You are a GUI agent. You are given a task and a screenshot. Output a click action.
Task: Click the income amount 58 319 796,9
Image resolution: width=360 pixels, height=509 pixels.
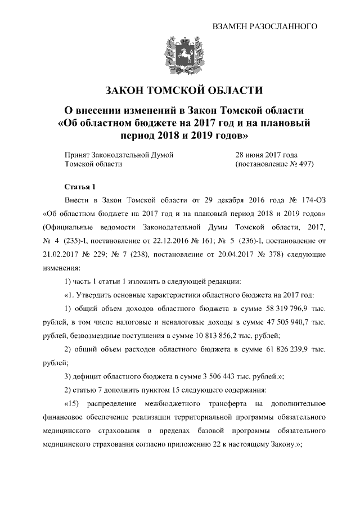280,310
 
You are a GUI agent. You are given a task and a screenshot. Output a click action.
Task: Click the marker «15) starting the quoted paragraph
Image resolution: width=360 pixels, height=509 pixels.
74,404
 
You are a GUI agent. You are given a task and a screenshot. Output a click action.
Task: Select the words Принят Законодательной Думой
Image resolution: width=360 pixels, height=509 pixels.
115,154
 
